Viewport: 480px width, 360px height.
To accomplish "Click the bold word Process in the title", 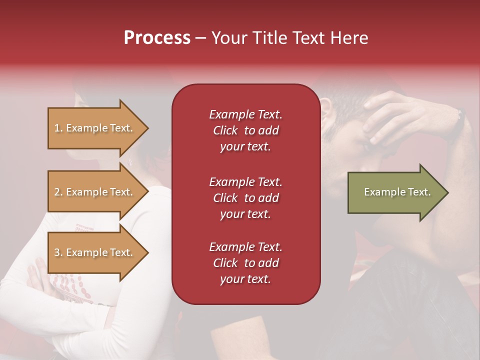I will [x=157, y=38].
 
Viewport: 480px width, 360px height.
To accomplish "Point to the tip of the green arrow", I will [x=447, y=192].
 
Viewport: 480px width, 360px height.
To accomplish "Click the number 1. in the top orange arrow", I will [x=58, y=128].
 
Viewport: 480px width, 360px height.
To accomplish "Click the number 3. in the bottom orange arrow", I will [x=58, y=252].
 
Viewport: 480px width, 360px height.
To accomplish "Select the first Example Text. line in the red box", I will [x=245, y=114].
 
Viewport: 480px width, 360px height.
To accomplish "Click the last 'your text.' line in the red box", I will [x=245, y=279].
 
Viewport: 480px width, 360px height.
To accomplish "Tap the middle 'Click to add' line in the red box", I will [x=245, y=198].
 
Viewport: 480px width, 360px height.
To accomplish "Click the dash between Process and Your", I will [x=201, y=38].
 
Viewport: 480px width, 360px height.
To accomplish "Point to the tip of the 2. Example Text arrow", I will [x=148, y=192].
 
